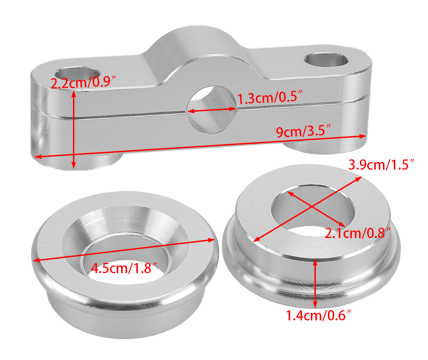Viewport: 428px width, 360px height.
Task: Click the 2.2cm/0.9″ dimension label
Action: tap(83, 82)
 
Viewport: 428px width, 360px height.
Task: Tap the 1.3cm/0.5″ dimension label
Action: tap(270, 98)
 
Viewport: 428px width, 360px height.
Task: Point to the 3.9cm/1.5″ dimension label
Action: tap(382, 164)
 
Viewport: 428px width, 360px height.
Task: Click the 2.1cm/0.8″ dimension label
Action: tap(358, 233)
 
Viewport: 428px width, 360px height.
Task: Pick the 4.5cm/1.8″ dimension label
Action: tap(124, 268)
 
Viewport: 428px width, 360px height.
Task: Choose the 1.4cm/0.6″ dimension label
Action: tap(318, 315)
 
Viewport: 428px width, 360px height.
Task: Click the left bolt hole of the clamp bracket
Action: tap(77, 74)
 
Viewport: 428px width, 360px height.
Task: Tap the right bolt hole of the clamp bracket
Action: tap(326, 60)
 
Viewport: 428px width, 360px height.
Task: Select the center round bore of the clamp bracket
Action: tap(212, 110)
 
